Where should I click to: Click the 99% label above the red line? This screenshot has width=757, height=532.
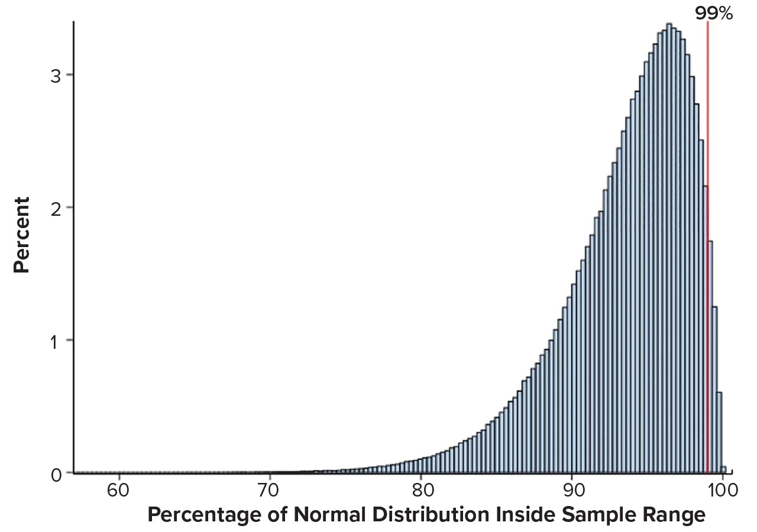(x=714, y=13)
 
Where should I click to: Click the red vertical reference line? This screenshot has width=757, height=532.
(x=707, y=118)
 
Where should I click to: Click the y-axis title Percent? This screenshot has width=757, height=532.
(x=22, y=235)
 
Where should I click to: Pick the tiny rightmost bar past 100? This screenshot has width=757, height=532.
(x=724, y=469)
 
